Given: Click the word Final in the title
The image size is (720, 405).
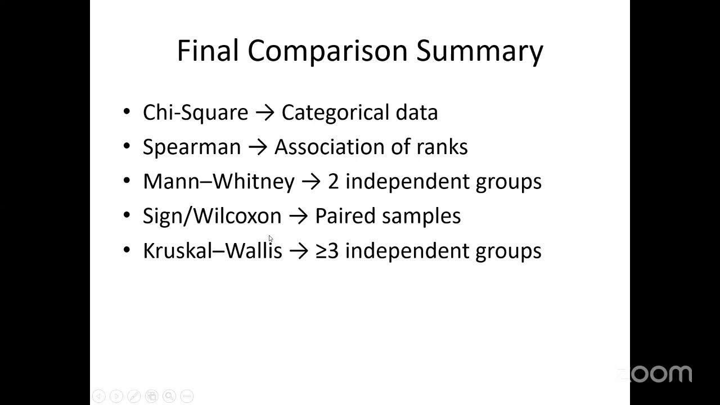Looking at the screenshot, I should click(x=208, y=50).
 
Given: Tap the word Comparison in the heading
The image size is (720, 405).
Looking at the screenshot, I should click(x=327, y=51).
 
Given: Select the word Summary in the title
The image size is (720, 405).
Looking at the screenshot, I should click(x=479, y=51).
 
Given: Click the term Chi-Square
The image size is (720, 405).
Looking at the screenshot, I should click(x=195, y=112).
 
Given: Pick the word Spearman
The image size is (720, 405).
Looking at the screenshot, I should click(x=192, y=147).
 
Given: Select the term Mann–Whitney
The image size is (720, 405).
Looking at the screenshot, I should click(x=218, y=181).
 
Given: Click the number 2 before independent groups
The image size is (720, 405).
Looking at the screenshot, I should click(x=333, y=181).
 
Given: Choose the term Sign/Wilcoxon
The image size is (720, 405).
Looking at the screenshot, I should click(x=211, y=216).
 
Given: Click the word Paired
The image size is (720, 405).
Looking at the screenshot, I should click(x=343, y=216).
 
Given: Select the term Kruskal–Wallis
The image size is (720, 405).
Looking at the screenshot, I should click(x=212, y=250).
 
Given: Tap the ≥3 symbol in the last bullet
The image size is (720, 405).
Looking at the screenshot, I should click(x=327, y=250).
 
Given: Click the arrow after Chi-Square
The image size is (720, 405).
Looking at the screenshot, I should click(x=264, y=112).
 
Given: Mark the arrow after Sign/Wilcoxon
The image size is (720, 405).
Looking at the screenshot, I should click(x=298, y=216).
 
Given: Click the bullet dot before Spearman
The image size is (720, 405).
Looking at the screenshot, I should click(x=127, y=147).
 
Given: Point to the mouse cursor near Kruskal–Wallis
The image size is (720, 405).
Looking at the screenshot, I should click(x=271, y=238).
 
